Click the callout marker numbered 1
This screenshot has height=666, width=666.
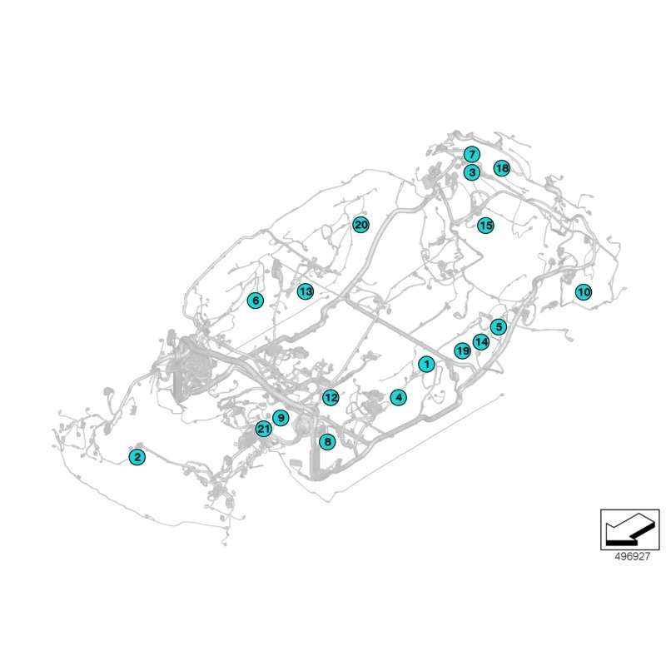(426, 364)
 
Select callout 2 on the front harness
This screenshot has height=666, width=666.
(137, 455)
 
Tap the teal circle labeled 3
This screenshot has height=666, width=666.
(471, 172)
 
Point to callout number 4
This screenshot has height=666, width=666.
(399, 398)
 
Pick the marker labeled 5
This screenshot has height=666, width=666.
(498, 327)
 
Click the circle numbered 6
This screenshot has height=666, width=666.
(255, 301)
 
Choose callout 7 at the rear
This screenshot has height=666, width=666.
(471, 155)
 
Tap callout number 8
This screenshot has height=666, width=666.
(327, 442)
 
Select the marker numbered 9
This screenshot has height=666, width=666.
(281, 418)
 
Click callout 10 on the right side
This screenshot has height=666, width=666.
(583, 292)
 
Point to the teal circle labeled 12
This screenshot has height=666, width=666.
(331, 398)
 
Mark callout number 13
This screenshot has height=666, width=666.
(306, 291)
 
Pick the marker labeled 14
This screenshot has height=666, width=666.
(480, 341)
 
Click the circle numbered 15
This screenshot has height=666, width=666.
(485, 225)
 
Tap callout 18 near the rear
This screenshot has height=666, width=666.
(501, 168)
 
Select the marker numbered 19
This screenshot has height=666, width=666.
(462, 351)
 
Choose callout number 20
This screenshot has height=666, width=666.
(360, 225)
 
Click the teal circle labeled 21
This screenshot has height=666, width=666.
(263, 430)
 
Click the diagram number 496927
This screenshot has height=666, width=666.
(630, 558)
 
